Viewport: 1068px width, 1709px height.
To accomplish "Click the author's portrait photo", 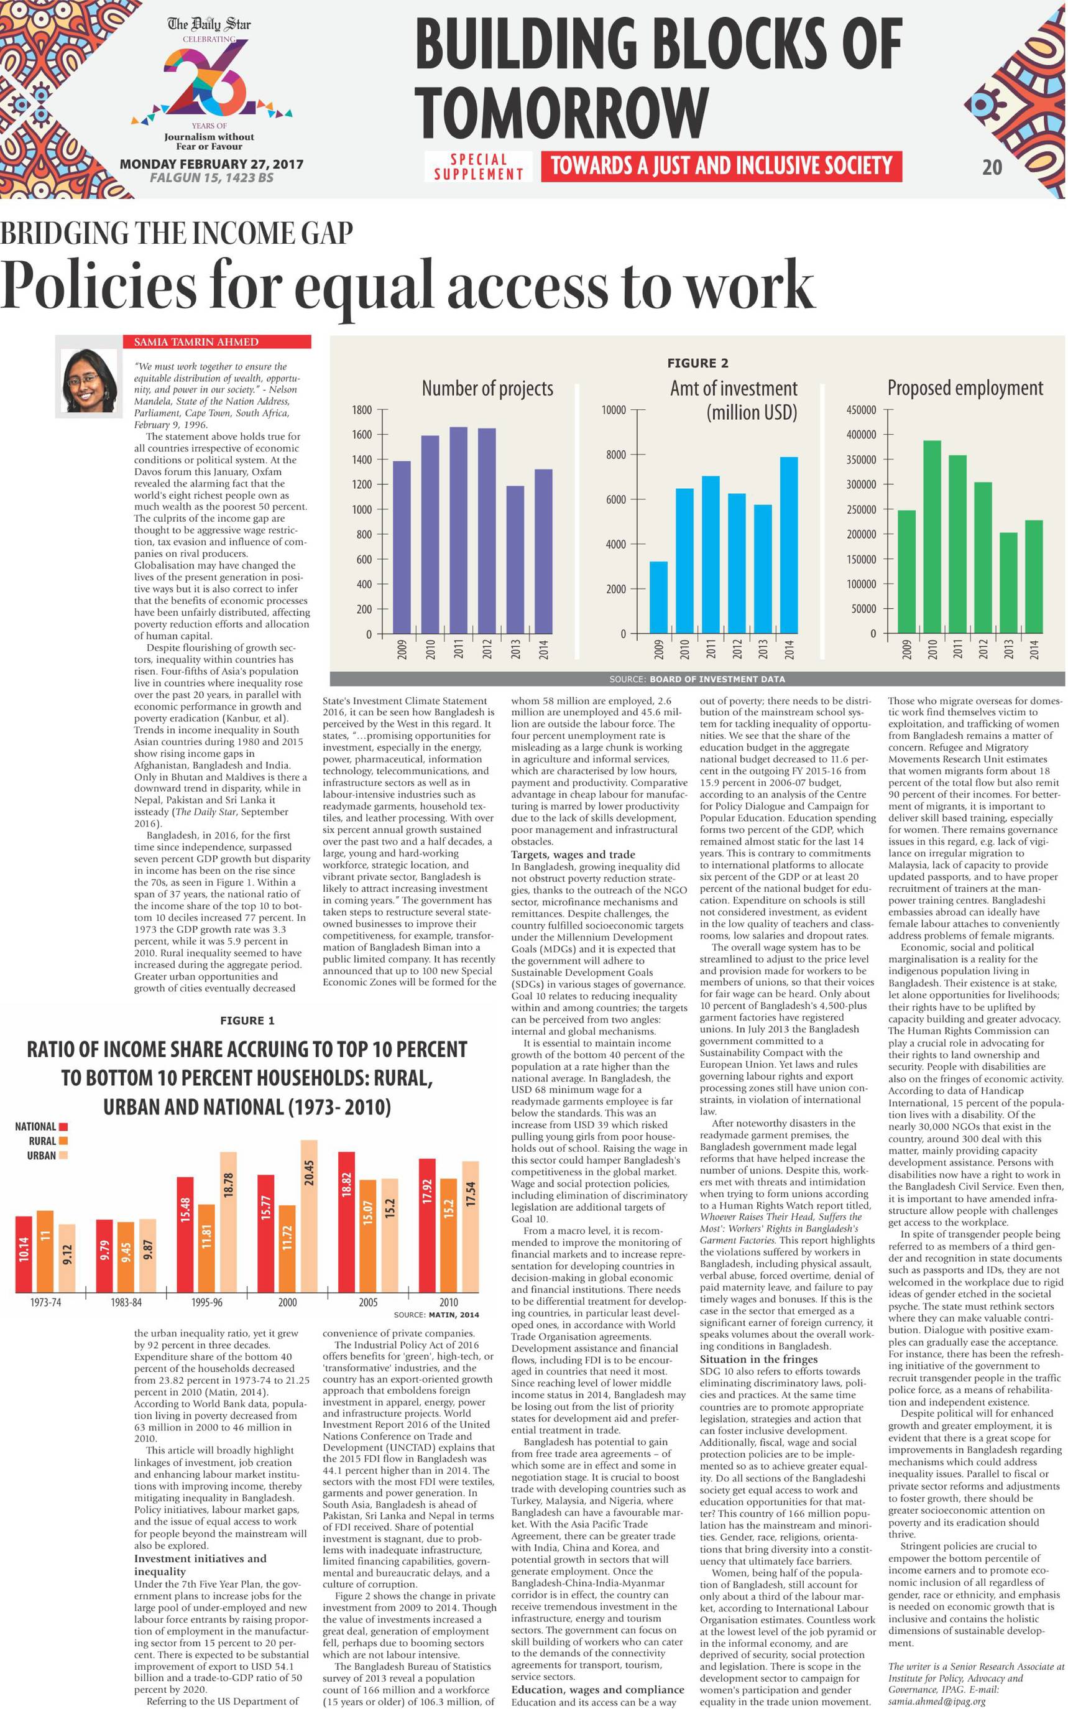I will pyautogui.click(x=89, y=381).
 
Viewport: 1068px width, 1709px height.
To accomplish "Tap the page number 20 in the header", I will pyautogui.click(x=992, y=167).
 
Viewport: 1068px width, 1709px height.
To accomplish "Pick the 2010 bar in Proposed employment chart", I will pyautogui.click(x=932, y=536).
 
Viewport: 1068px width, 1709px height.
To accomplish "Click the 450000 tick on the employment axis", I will pyautogui.click(x=861, y=410).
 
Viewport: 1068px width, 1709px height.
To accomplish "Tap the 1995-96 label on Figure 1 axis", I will pyautogui.click(x=206, y=1302).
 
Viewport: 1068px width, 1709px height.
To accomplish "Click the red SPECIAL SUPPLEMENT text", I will pyautogui.click(x=478, y=167).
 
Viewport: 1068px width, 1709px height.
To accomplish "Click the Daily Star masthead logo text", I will pyautogui.click(x=209, y=25).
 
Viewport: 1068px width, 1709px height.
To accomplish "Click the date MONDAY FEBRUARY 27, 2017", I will pyautogui.click(x=211, y=164).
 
